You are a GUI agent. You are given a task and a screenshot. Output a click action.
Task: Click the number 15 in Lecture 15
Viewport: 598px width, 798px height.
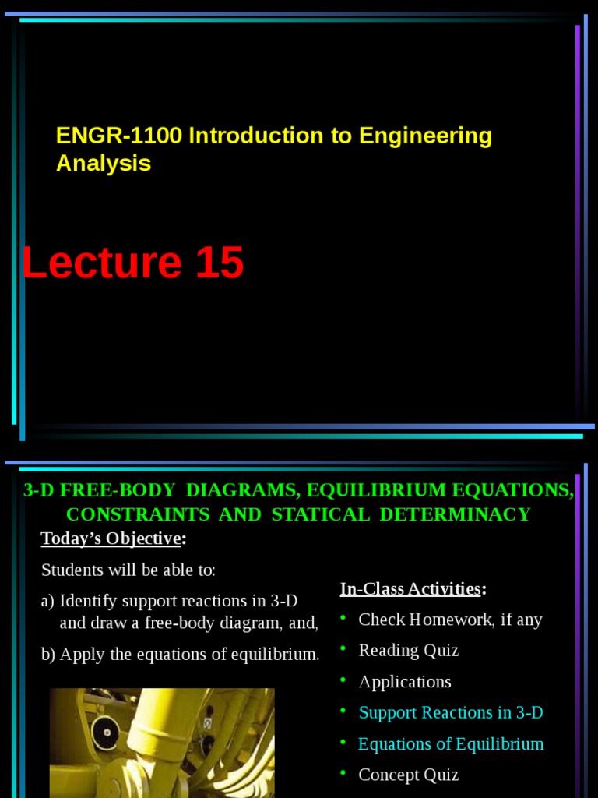pyautogui.click(x=220, y=263)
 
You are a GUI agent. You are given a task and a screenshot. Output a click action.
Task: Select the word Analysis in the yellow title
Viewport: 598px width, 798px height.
pyautogui.click(x=103, y=164)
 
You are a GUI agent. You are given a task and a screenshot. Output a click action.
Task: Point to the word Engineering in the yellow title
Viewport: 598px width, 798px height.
pyautogui.click(x=425, y=136)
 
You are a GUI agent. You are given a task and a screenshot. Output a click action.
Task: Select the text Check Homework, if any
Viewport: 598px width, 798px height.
pyautogui.click(x=450, y=620)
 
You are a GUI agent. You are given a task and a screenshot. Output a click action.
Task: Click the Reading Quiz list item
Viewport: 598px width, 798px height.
pyautogui.click(x=408, y=651)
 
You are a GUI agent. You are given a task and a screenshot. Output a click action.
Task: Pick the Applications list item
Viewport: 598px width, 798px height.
pyautogui.click(x=404, y=682)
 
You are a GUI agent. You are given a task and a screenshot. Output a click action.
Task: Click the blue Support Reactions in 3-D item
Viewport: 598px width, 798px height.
pyautogui.click(x=451, y=712)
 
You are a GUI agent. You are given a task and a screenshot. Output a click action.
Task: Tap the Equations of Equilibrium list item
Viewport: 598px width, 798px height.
pyautogui.click(x=451, y=743)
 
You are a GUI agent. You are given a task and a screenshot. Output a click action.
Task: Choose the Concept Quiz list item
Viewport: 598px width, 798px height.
pyautogui.click(x=408, y=775)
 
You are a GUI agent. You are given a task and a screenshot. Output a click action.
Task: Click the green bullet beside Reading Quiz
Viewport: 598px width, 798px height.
pyautogui.click(x=343, y=649)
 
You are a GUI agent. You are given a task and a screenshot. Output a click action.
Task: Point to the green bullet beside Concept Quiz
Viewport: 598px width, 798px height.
pyautogui.click(x=343, y=773)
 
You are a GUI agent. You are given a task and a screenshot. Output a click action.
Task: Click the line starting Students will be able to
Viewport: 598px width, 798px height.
pyautogui.click(x=128, y=570)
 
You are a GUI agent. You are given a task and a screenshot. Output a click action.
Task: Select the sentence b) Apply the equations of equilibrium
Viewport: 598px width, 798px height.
pyautogui.click(x=180, y=655)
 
